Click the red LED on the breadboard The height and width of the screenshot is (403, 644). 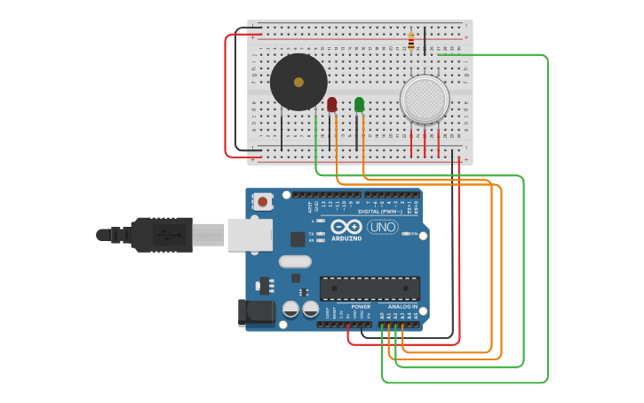click(332, 105)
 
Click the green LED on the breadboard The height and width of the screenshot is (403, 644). click(359, 105)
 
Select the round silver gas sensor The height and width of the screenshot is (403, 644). click(425, 99)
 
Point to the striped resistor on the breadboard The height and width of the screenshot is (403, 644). click(410, 41)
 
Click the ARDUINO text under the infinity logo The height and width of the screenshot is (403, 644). click(346, 238)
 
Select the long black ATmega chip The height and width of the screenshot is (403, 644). click(370, 288)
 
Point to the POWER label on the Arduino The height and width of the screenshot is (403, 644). click(361, 306)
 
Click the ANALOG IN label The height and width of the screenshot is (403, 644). click(402, 306)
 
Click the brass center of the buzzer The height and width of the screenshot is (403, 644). click(298, 82)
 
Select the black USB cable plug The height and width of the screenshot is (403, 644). click(160, 235)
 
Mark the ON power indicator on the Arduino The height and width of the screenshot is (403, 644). click(410, 234)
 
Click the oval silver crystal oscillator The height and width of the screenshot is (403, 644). click(295, 262)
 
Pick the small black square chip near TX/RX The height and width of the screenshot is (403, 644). click(298, 238)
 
